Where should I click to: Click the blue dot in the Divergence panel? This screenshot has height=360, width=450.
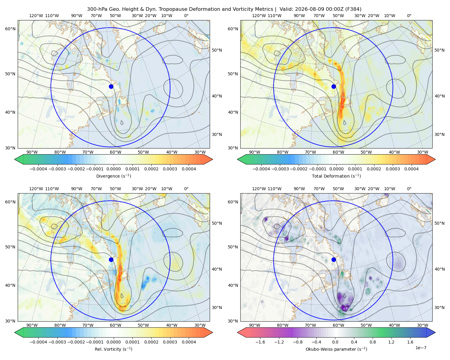(111, 86)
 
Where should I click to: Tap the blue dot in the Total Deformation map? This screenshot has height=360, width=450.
(334, 86)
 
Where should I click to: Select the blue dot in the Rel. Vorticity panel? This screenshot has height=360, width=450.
(111, 259)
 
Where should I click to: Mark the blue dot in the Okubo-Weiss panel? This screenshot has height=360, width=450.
(334, 259)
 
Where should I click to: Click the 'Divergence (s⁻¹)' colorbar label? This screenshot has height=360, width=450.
(113, 176)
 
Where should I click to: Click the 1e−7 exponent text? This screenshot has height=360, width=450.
(421, 348)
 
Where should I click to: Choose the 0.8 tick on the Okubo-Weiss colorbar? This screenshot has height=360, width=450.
(373, 342)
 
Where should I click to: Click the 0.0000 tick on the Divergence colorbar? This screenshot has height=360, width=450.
(113, 169)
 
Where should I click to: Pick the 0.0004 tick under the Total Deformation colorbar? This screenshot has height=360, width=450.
(411, 169)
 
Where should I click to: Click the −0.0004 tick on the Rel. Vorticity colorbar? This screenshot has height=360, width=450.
(38, 342)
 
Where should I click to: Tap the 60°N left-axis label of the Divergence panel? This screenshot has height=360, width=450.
(10, 29)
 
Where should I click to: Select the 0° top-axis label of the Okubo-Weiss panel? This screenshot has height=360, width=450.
(409, 189)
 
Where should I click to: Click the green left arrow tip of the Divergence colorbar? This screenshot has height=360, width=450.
(15, 159)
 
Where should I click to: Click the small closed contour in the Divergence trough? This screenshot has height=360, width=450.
(122, 123)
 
